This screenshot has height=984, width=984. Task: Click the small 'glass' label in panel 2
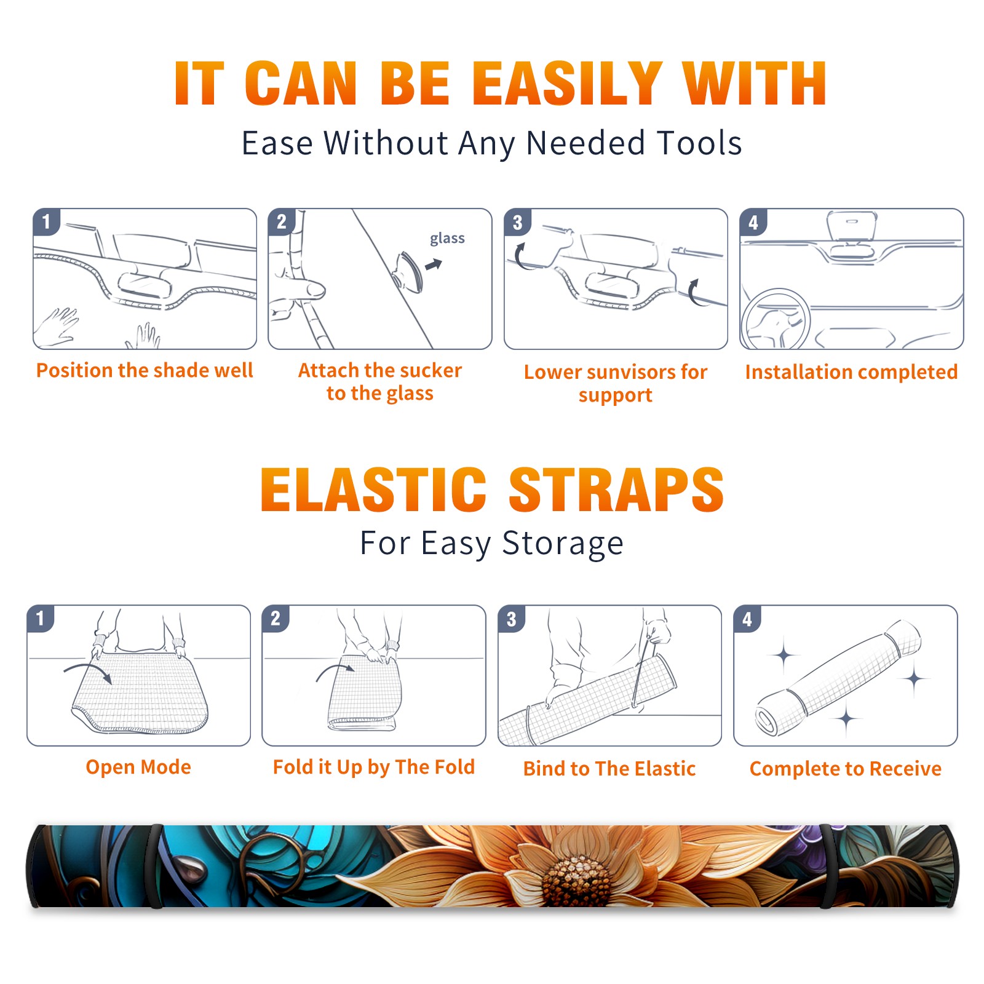click(447, 238)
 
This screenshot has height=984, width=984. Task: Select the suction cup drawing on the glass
click(408, 271)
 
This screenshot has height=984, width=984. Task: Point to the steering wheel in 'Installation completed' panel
click(776, 318)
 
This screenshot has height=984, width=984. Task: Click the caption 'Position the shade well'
click(145, 370)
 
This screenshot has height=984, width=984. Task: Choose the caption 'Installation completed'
click(851, 372)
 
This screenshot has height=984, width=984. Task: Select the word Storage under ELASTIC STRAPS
click(563, 544)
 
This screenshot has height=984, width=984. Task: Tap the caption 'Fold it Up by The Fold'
click(374, 767)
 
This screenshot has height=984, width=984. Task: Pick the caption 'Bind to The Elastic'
click(609, 769)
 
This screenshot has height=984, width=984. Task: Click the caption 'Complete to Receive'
click(846, 769)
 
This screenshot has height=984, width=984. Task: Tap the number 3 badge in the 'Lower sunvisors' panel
click(518, 222)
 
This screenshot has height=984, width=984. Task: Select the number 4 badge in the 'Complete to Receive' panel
click(747, 619)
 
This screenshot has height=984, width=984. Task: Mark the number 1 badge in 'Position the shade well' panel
click(47, 222)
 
